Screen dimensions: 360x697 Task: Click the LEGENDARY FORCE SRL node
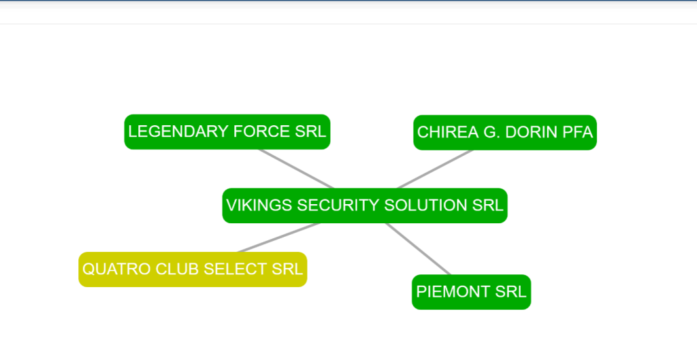click(x=227, y=131)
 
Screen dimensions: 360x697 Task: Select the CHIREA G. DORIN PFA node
click(x=505, y=132)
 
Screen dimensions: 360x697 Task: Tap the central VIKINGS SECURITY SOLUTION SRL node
click(x=365, y=205)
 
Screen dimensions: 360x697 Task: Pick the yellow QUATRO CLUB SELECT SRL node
click(x=193, y=269)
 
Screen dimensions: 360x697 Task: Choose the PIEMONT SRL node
click(x=471, y=292)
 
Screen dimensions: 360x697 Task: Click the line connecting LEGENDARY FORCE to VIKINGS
click(x=297, y=169)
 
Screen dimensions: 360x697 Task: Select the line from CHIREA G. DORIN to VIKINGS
click(x=435, y=169)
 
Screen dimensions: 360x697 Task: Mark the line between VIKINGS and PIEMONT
click(x=419, y=249)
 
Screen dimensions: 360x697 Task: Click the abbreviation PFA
click(x=578, y=132)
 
